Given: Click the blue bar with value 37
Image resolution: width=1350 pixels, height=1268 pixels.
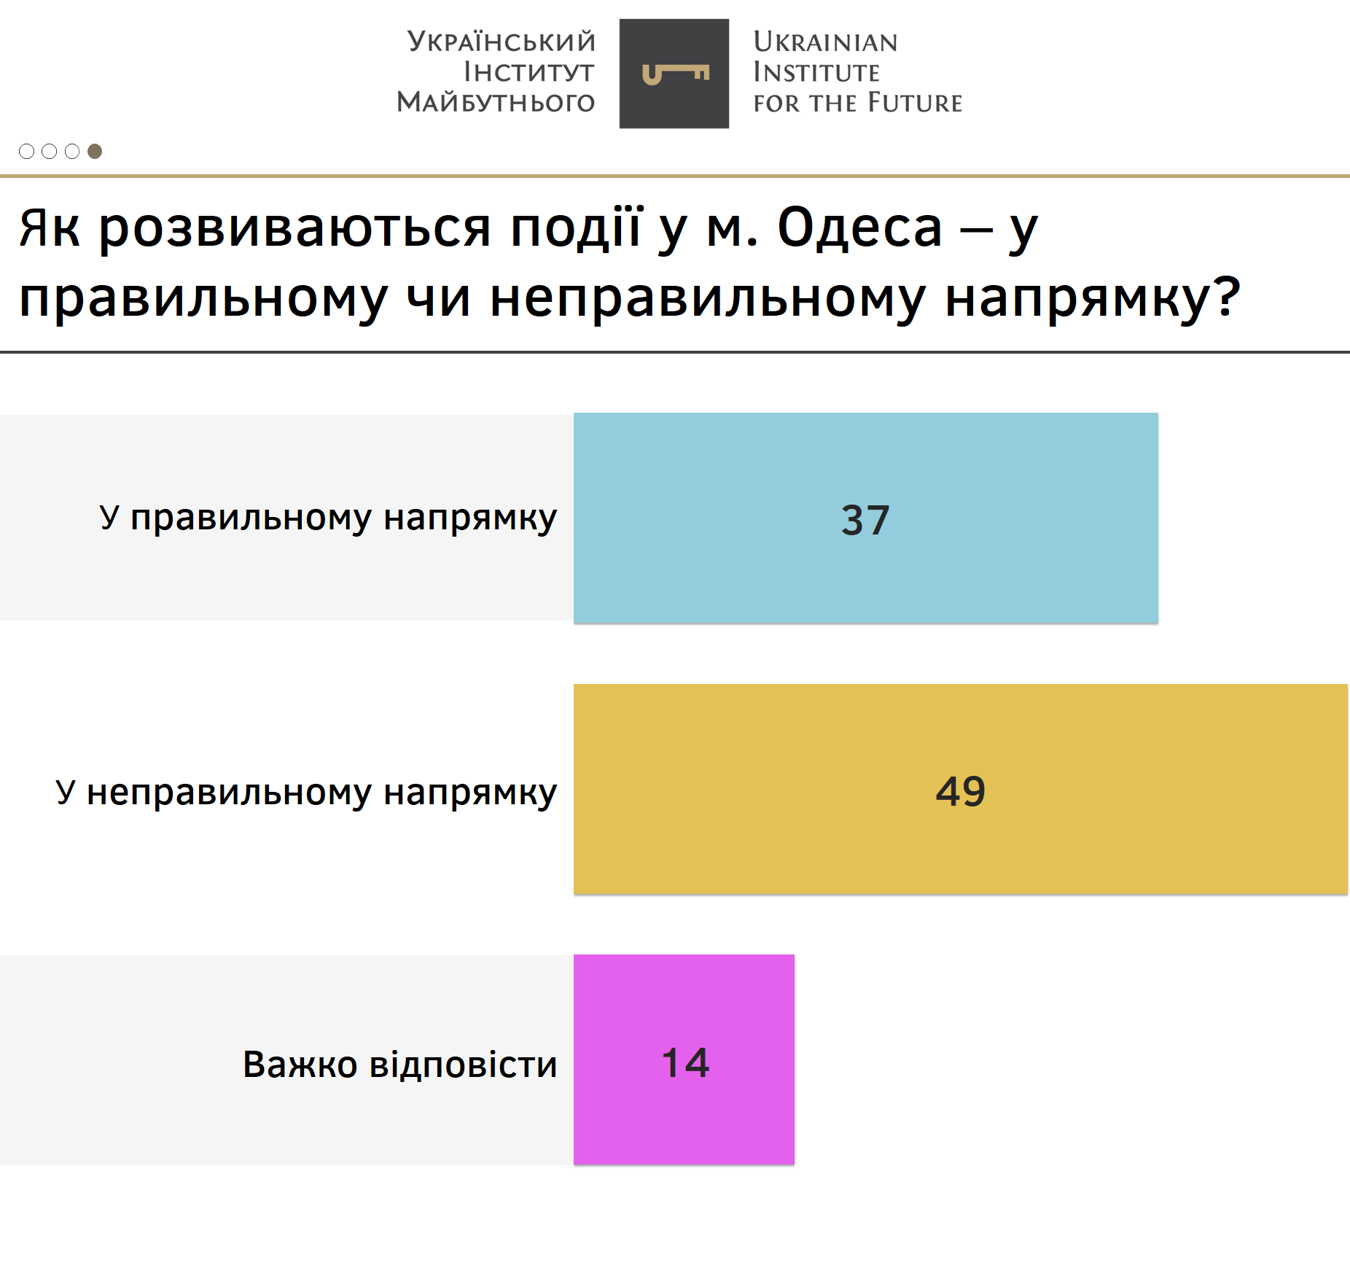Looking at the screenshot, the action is click(x=866, y=518).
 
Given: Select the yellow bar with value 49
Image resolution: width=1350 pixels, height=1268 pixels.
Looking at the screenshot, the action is click(x=961, y=789).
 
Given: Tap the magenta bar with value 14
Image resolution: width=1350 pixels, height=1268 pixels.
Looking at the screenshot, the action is click(x=684, y=1059).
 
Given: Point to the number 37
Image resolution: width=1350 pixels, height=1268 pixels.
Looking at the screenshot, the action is click(x=865, y=520).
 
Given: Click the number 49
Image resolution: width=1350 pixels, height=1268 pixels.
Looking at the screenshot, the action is click(x=961, y=791).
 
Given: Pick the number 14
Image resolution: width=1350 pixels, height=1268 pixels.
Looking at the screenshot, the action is click(x=685, y=1062).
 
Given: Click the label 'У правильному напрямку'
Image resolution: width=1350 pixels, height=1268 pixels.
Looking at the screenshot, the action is click(x=328, y=518).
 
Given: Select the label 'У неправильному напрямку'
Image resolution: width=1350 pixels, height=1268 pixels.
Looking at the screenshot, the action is click(x=306, y=793).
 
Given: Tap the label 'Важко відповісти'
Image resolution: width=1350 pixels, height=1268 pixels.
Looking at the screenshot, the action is click(x=399, y=1064).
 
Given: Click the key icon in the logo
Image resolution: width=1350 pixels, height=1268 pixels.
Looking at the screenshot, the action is click(x=676, y=74).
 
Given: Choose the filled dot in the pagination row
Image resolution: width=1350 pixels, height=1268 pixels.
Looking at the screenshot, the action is click(x=95, y=151).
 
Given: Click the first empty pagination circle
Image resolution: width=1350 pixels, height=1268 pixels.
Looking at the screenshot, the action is click(x=26, y=151).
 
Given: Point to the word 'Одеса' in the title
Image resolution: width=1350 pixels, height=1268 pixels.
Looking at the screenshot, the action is click(x=860, y=227).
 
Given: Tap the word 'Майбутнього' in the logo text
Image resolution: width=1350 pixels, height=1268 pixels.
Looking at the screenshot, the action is click(x=496, y=102).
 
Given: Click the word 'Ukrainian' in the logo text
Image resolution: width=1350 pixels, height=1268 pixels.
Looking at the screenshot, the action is click(x=825, y=42).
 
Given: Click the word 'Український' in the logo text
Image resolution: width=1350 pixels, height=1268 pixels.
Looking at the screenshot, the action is click(x=502, y=41).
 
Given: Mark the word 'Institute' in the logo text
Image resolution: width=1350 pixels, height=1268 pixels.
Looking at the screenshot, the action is click(x=816, y=72).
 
